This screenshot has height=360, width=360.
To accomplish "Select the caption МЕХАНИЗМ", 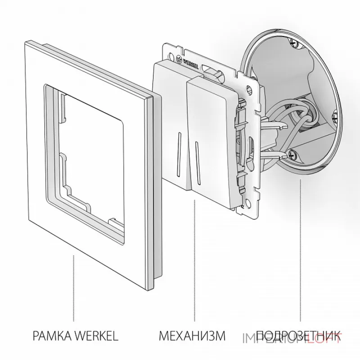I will (x=192, y=336).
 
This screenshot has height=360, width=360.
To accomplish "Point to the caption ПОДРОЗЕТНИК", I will (x=297, y=336).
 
